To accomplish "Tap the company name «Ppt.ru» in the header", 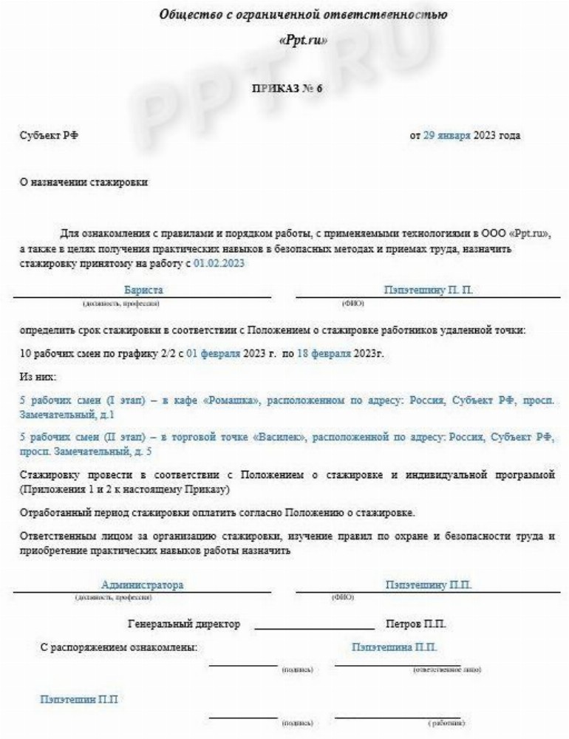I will (304, 40).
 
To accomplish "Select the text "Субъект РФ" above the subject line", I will (50, 135).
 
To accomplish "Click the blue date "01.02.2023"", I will (219, 263).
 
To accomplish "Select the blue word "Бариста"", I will (143, 290).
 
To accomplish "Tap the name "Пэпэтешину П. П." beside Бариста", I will (428, 290).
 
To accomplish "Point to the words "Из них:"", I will (37, 377).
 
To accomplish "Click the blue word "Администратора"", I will (143, 585).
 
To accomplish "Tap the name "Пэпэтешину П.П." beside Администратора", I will (429, 585).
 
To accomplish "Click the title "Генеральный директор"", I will (184, 624).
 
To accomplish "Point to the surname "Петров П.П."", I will (416, 624).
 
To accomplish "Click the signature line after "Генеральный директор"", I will (314, 628).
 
